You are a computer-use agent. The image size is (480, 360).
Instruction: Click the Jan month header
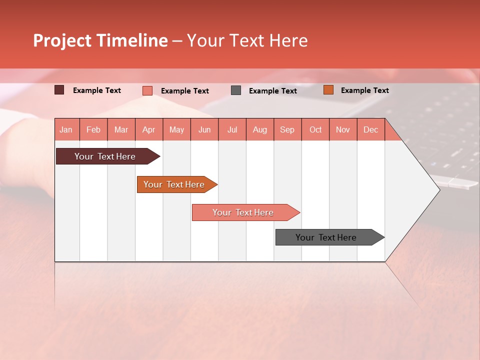tap(66, 129)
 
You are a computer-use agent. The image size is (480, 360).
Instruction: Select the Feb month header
tap(93, 129)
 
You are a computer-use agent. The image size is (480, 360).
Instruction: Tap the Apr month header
tap(149, 129)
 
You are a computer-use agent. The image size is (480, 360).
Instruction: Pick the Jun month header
tap(204, 129)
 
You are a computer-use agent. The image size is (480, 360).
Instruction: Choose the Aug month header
tap(260, 129)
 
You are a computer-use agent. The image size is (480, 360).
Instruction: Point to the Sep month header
tap(287, 129)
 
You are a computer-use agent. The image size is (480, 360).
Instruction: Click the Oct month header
tap(315, 129)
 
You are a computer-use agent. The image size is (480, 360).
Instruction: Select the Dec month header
tap(371, 129)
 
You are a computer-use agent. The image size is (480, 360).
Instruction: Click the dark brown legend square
tap(59, 90)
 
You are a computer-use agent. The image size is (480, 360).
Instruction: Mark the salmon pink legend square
tap(147, 90)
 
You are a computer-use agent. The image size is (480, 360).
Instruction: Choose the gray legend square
tap(236, 90)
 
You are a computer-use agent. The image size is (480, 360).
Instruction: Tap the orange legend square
tap(328, 90)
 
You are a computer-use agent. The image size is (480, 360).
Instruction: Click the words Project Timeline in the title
tap(100, 40)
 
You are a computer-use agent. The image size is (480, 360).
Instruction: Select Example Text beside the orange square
tap(364, 90)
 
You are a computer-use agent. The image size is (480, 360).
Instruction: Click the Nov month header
tap(343, 129)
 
